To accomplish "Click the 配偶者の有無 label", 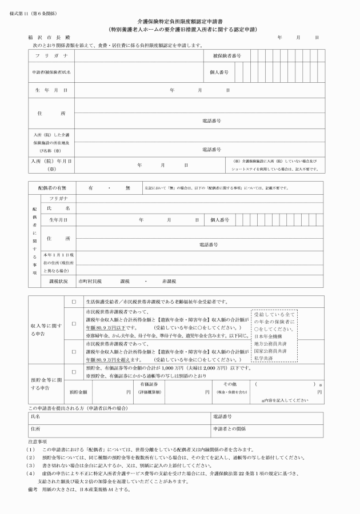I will pos(53,187).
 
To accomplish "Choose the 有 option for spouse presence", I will pos(91,187).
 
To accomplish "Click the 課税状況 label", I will pos(59,282).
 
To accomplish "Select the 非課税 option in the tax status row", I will pos(169,282).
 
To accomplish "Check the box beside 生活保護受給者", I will pos(73,302).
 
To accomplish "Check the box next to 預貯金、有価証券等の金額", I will pos(73,369).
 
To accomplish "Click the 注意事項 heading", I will pos(41,441).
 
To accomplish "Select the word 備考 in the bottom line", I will pos(33,489).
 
